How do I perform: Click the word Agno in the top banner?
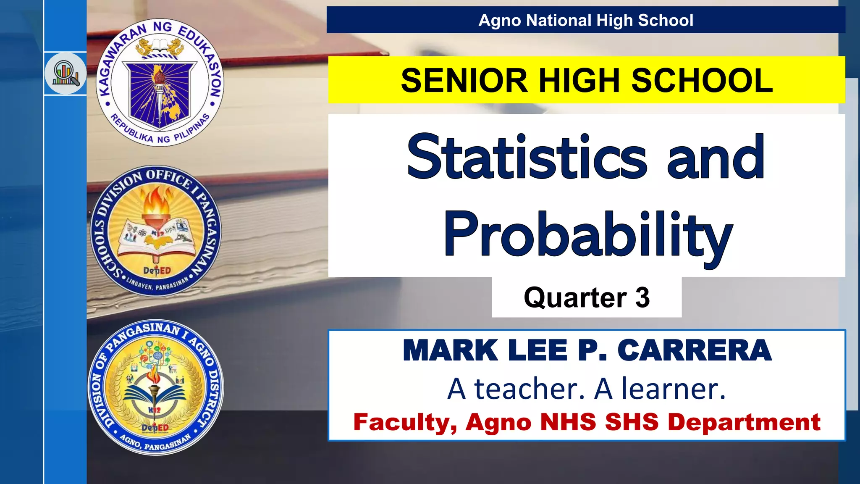(x=500, y=21)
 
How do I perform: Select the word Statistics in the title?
(x=527, y=157)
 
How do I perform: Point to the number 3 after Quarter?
(x=642, y=298)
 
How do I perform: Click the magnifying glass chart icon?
(x=66, y=74)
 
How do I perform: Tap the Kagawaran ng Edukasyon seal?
(x=160, y=82)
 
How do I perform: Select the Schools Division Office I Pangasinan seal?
(x=156, y=231)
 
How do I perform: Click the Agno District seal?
(x=156, y=387)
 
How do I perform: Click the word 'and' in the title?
(x=716, y=157)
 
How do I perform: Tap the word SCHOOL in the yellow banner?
(x=702, y=80)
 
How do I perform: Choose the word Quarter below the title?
(x=575, y=298)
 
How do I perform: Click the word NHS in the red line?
(x=568, y=422)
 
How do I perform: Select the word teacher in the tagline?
(x=530, y=389)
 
